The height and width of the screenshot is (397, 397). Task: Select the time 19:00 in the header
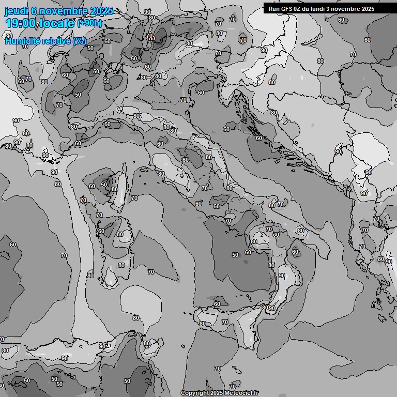[21, 23]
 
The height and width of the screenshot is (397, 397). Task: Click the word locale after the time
[57, 23]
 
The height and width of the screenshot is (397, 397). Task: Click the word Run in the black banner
[274, 9]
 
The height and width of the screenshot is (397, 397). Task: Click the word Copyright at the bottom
[195, 393]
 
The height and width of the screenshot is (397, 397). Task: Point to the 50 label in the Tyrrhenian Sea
[235, 255]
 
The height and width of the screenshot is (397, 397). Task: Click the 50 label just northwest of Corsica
[104, 185]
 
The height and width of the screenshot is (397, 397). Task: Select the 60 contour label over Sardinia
[101, 231]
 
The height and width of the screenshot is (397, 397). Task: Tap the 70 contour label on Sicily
[224, 322]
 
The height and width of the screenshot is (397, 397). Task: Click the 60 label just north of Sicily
[217, 304]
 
